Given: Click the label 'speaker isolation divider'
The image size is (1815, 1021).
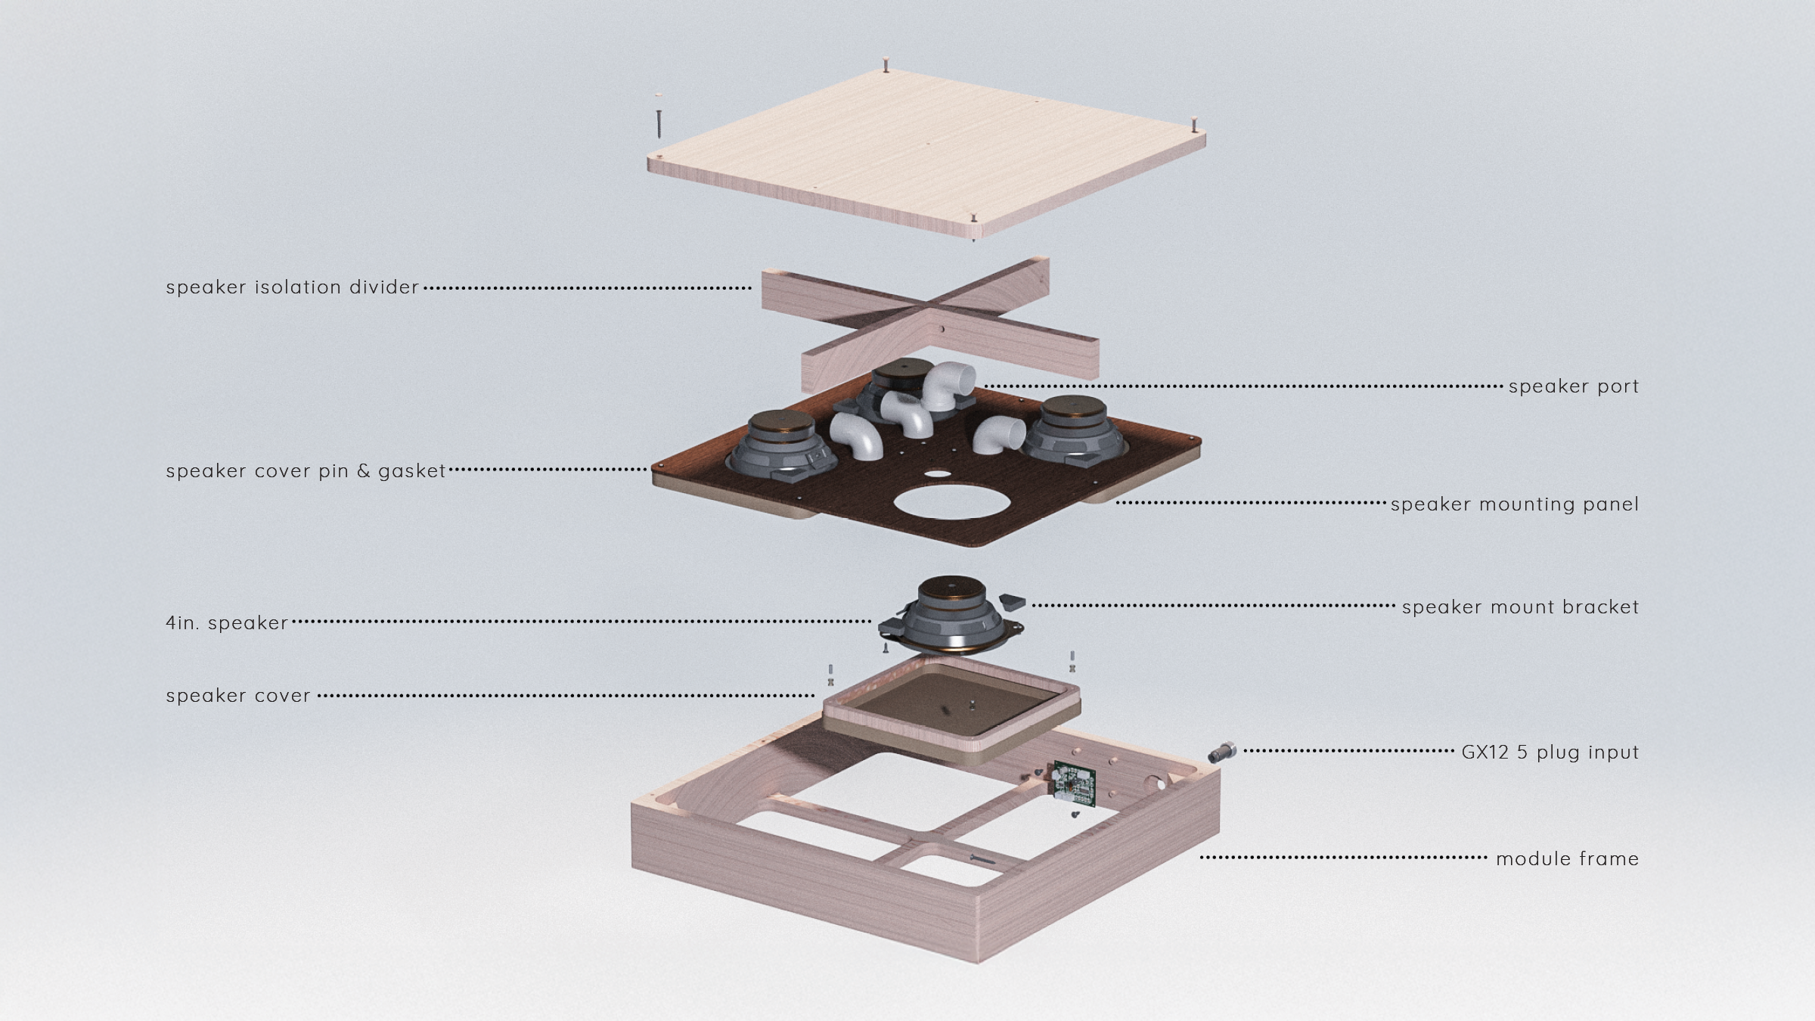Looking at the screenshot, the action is coord(293,287).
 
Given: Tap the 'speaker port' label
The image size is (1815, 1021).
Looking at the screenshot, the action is coord(1574,386).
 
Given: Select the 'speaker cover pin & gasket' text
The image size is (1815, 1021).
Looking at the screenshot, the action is coord(306,471).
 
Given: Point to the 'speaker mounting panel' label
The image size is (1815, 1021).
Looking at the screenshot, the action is coord(1515,504).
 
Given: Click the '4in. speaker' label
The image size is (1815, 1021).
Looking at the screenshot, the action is coord(227,623).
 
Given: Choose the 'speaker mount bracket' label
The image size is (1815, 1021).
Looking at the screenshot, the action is coord(1521,607).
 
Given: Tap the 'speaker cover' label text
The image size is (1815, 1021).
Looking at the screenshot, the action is coord(238,696).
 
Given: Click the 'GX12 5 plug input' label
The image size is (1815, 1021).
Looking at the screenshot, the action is coord(1550,753).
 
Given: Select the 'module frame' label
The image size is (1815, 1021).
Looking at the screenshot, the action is coord(1568,859).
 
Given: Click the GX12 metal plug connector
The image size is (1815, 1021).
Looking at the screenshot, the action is coord(1221,752).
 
